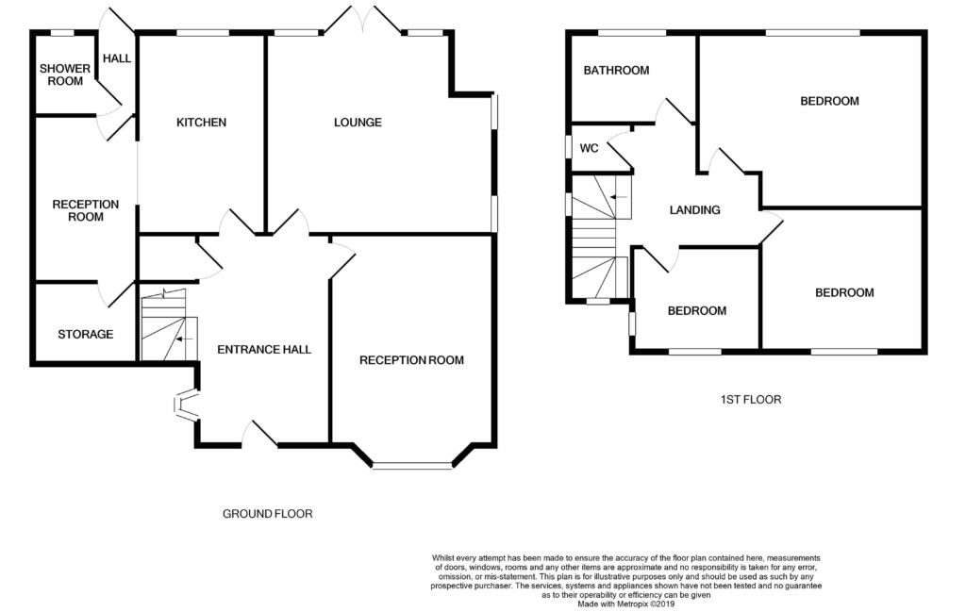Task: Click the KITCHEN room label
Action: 202,123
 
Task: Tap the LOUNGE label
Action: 358,123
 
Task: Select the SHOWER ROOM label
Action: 65,74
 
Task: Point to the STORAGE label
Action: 86,335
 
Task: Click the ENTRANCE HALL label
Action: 264,350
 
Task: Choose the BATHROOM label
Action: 616,70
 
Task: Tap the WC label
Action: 589,148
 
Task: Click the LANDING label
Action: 695,210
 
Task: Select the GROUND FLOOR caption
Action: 267,514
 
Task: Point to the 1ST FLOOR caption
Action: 750,400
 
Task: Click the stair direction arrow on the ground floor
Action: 184,339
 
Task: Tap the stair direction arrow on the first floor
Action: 619,197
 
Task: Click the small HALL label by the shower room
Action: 117,58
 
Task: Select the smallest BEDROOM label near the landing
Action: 697,311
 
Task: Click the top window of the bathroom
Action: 633,33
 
